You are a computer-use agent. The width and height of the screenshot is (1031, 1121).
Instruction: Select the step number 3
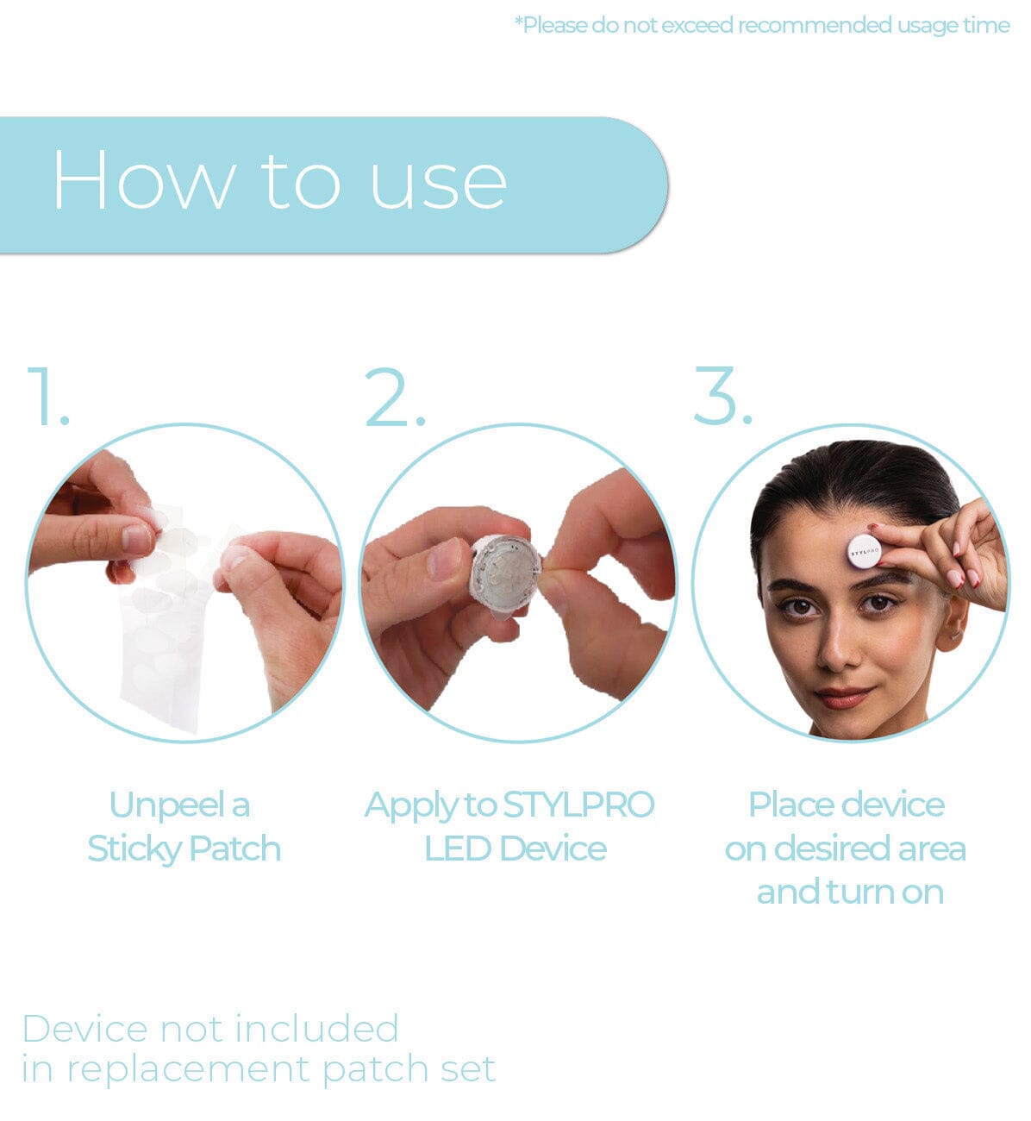tap(722, 396)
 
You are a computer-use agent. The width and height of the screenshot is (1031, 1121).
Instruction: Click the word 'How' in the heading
tap(142, 180)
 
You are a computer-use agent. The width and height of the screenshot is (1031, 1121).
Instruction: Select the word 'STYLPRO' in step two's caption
tap(578, 805)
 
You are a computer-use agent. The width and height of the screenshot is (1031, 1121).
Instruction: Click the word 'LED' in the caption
tap(457, 849)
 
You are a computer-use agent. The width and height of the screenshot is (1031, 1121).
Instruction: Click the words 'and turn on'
tap(850, 892)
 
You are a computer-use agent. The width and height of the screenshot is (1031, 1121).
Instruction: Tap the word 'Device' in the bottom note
tap(84, 1029)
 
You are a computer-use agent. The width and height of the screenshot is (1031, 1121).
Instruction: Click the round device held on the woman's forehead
tap(863, 548)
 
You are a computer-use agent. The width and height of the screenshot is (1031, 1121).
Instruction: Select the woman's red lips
tap(844, 696)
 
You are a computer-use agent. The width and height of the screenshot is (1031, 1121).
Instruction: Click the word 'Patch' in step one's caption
tap(234, 849)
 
